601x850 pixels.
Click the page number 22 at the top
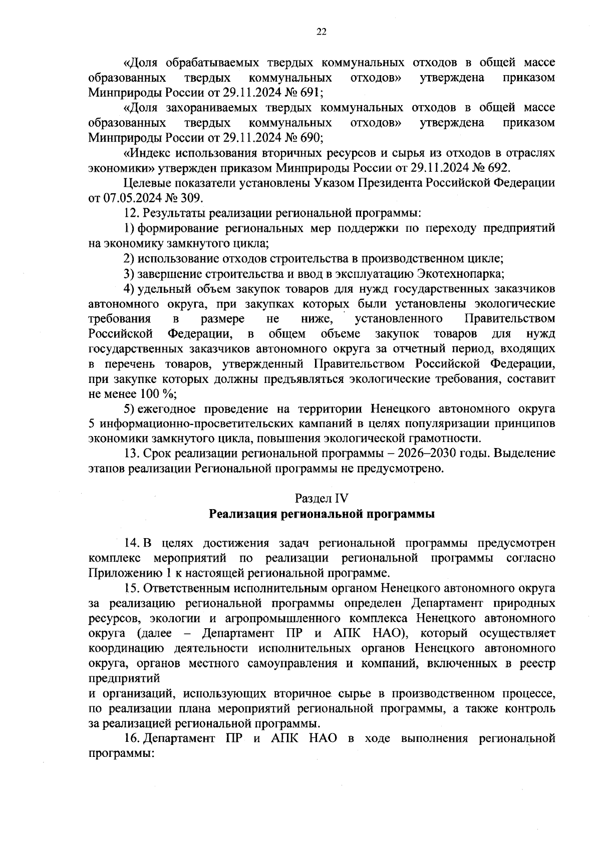321,32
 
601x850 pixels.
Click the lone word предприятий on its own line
124,679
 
